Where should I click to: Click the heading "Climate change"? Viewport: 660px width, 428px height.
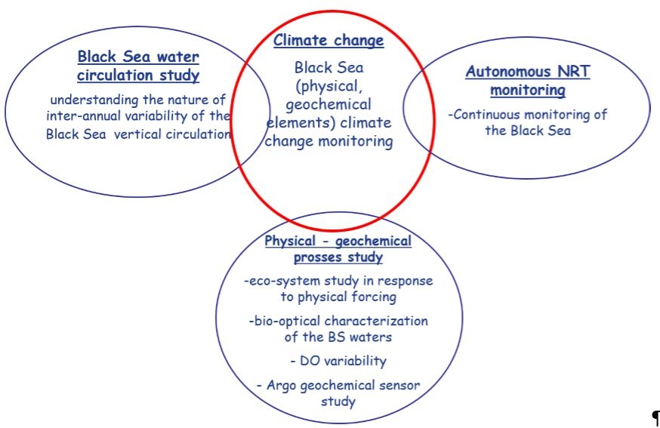pos(328,41)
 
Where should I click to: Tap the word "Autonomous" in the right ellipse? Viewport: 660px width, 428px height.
pos(507,72)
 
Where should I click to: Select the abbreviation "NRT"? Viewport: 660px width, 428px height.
pos(574,71)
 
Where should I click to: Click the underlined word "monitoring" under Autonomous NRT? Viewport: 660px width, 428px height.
pos(528,91)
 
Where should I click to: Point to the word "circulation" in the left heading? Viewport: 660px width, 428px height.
pos(115,75)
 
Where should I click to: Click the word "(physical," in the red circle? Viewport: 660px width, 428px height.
pos(328,87)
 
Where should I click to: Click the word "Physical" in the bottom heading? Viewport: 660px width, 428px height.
pos(289,241)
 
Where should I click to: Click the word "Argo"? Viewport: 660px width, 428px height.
pos(282,386)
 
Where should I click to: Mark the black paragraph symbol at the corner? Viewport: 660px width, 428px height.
pos(655,418)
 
